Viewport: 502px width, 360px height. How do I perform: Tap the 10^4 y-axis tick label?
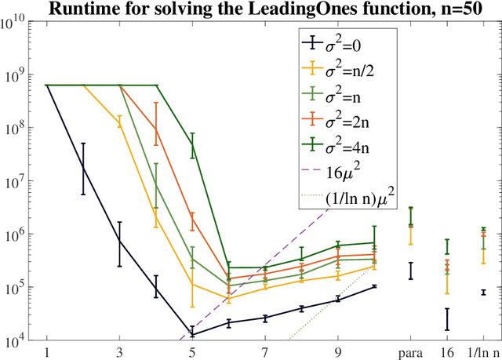point(18,342)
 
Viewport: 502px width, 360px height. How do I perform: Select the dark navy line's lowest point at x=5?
point(192,335)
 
